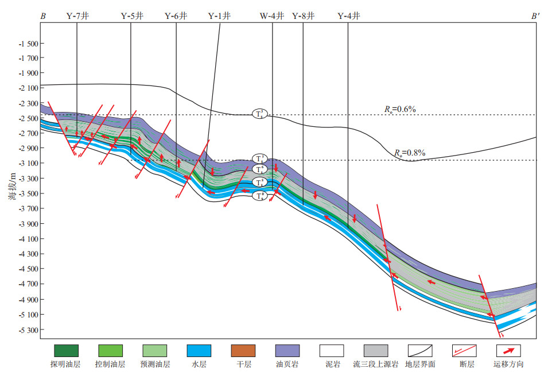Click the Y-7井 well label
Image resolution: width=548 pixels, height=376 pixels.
(x=77, y=17)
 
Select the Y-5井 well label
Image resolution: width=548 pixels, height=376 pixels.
(x=132, y=17)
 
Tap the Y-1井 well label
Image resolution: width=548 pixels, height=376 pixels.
(x=219, y=17)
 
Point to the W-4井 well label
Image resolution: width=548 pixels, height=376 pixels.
(x=272, y=17)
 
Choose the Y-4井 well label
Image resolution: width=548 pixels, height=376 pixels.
(x=349, y=17)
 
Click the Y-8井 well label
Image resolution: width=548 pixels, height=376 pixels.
(x=304, y=17)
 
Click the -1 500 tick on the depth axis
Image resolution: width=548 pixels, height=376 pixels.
(x=29, y=44)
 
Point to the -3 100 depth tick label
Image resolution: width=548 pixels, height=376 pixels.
(x=29, y=164)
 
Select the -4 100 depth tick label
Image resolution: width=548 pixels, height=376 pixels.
(x=29, y=239)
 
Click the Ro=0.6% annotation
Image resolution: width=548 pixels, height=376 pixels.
(x=400, y=108)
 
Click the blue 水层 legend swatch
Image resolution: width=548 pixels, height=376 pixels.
(x=199, y=350)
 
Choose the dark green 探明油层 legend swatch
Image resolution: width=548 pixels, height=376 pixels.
(x=66, y=350)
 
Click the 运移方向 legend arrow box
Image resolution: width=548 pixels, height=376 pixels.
(x=508, y=350)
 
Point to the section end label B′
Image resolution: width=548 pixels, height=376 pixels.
(x=535, y=17)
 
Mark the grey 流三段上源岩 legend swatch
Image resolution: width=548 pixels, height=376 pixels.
(x=375, y=350)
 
